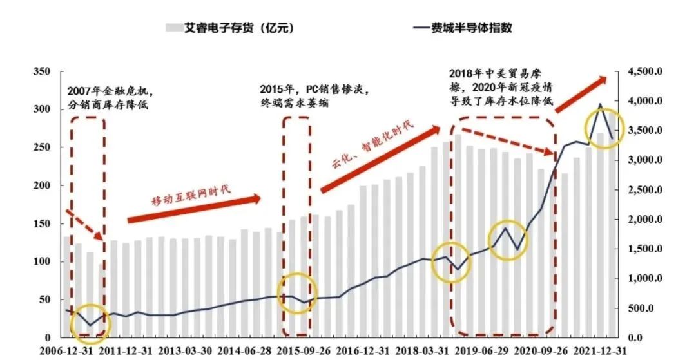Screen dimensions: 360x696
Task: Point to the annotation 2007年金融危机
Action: (111, 90)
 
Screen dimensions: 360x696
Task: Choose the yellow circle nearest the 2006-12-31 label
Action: (90, 324)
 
